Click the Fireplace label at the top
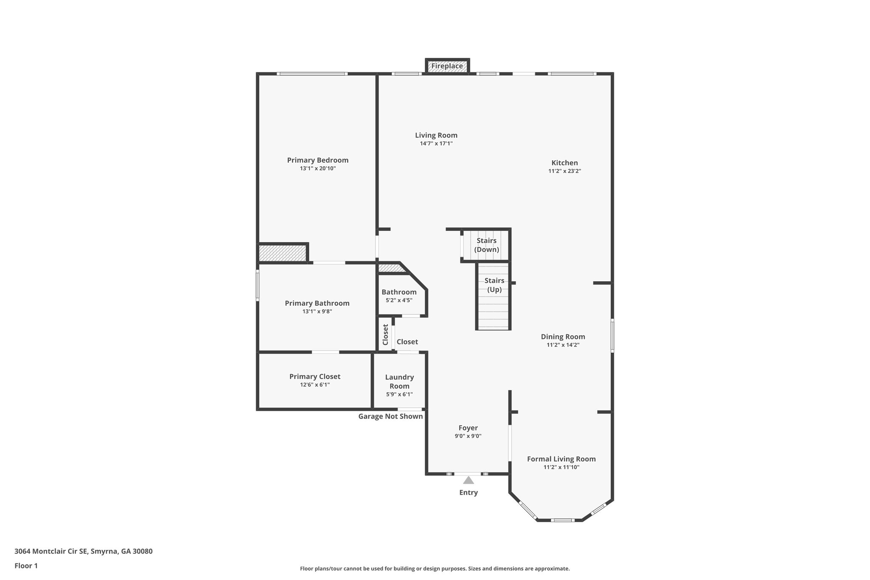tap(447, 66)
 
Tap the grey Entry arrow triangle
tap(468, 480)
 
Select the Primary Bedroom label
tap(317, 160)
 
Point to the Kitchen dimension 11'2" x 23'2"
tap(565, 171)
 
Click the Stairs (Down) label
tap(486, 245)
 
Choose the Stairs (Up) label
tap(494, 285)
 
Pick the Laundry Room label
tap(399, 382)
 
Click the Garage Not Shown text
tap(390, 416)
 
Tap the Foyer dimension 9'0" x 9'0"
tap(468, 436)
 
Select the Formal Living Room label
tap(561, 459)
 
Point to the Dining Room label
tap(563, 337)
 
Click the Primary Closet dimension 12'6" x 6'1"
tap(315, 385)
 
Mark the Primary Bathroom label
tap(317, 303)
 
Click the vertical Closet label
tap(386, 335)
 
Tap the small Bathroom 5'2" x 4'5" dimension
tap(399, 300)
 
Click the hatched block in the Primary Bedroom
tap(282, 253)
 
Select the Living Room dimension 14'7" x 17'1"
tap(436, 144)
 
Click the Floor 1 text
tap(26, 566)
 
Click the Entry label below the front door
tap(468, 492)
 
